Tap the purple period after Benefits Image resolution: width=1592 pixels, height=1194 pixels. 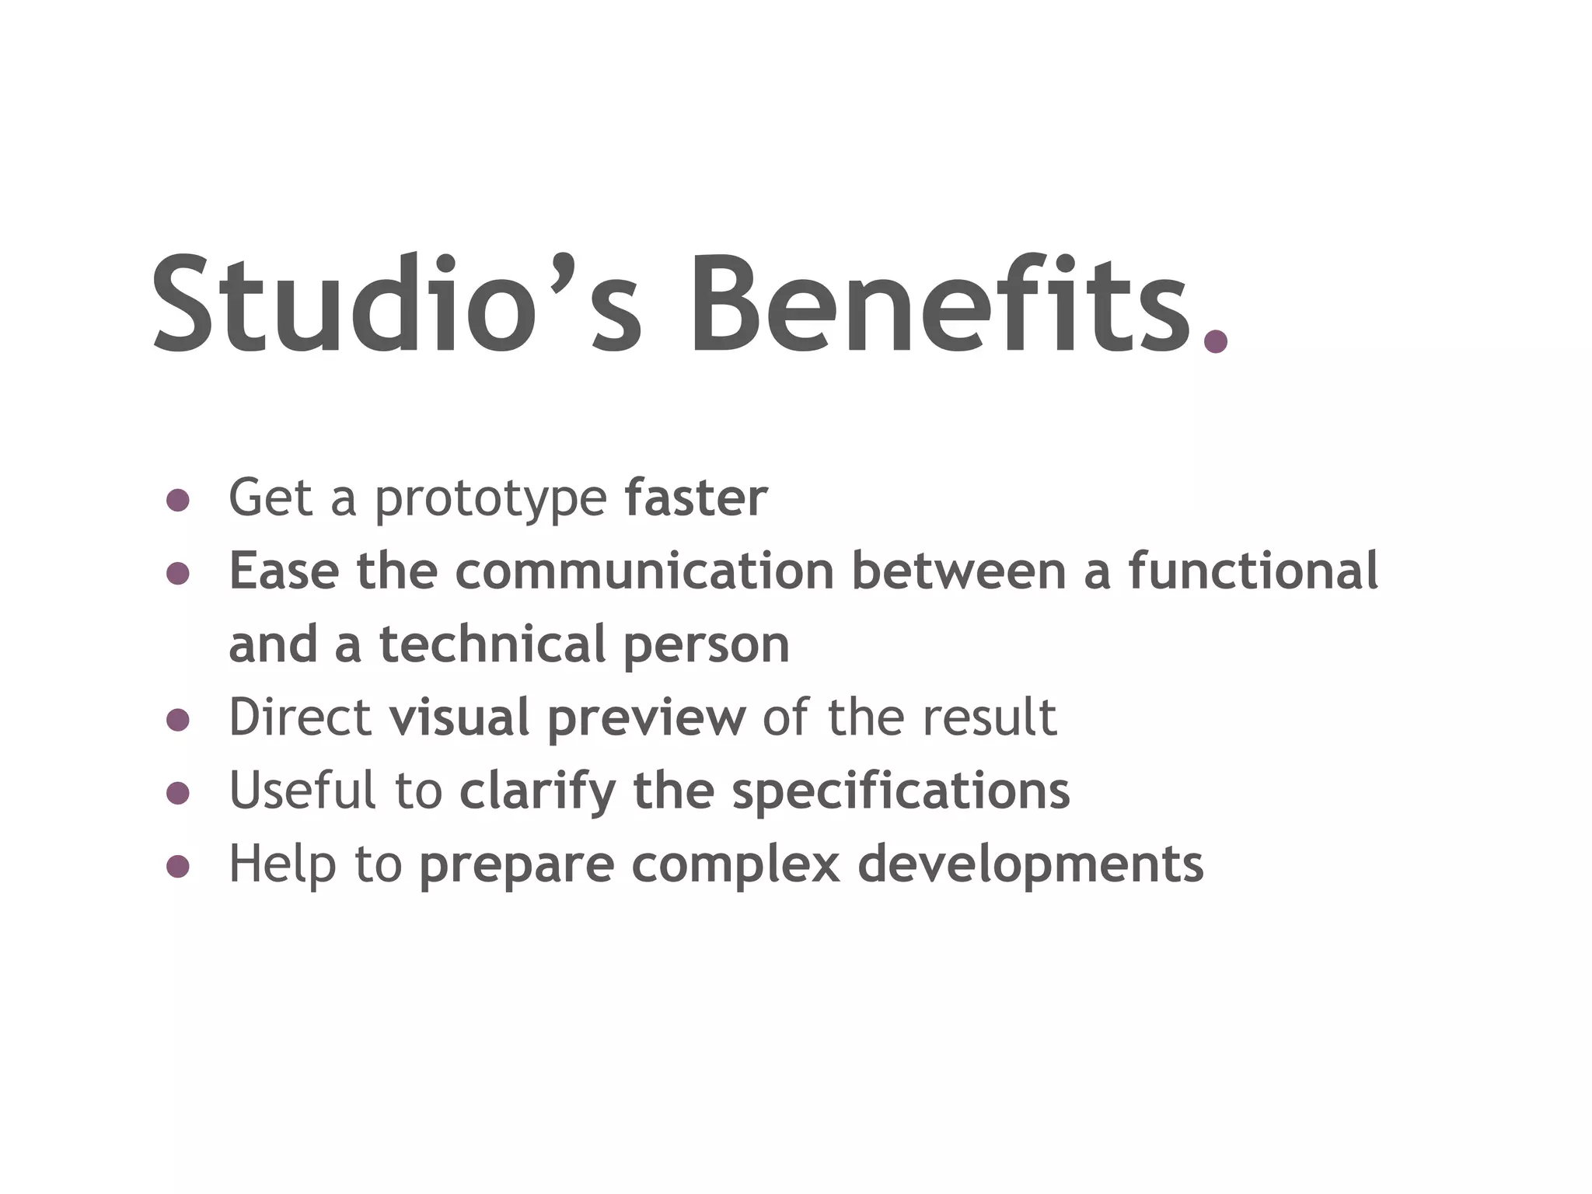click(1215, 340)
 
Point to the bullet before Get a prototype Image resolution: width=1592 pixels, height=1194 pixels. click(178, 500)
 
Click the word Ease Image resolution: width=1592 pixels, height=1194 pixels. click(284, 571)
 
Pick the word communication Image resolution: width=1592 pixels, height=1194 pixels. click(644, 571)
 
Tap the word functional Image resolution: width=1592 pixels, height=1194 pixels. click(1253, 571)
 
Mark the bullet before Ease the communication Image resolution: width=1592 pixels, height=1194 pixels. click(178, 574)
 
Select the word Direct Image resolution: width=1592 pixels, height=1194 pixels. click(299, 717)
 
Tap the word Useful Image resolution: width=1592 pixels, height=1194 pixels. click(302, 790)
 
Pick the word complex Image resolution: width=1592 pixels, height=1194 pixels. click(735, 865)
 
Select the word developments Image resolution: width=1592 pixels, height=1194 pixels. click(1030, 865)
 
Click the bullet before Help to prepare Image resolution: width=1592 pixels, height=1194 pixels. click(178, 866)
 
